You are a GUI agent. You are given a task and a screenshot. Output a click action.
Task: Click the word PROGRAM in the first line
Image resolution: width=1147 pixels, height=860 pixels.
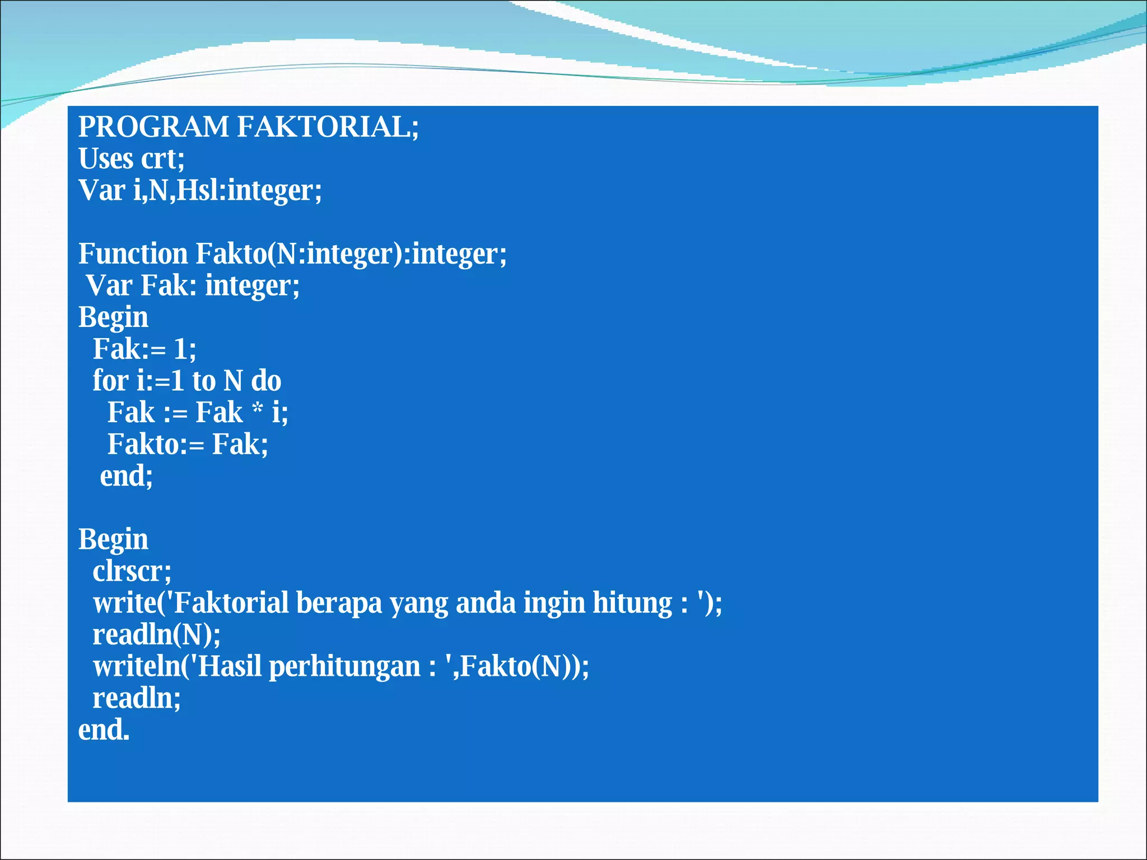[x=153, y=127]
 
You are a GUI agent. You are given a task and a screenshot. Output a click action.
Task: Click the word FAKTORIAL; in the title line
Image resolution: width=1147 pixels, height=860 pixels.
[x=328, y=127]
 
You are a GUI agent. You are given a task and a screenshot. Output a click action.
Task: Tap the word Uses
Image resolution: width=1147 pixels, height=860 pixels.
[x=105, y=158]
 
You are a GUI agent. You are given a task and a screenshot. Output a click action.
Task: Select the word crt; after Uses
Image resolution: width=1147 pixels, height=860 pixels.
[x=162, y=158]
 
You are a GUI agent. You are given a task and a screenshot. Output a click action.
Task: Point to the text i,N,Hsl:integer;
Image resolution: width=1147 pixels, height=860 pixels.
[x=227, y=190]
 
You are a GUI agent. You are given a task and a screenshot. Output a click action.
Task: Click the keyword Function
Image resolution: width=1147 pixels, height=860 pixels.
[x=133, y=254]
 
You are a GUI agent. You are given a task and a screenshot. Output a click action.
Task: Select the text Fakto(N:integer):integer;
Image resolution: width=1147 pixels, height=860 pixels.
[x=351, y=254]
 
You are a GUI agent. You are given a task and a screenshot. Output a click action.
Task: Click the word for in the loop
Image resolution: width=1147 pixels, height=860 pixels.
[x=110, y=381]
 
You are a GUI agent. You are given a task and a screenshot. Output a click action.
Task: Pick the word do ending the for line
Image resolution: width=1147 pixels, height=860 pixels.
[x=266, y=381]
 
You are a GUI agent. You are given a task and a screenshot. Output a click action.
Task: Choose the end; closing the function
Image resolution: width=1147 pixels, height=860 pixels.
[x=126, y=476]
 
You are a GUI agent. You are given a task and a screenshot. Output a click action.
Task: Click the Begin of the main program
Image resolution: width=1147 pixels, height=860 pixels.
[x=113, y=539]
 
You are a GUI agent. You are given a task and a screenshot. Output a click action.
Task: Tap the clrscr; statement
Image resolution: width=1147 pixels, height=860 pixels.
[x=132, y=571]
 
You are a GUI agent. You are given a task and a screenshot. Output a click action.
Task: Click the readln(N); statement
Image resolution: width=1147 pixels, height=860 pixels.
[x=157, y=635]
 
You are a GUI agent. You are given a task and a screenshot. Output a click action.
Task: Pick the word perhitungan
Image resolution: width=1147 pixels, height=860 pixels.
[x=344, y=667]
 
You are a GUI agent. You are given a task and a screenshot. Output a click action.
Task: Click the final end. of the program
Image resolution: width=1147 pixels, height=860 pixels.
[x=104, y=730]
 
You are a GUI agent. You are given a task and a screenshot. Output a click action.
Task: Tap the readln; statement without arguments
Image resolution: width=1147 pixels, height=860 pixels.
[x=137, y=698]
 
